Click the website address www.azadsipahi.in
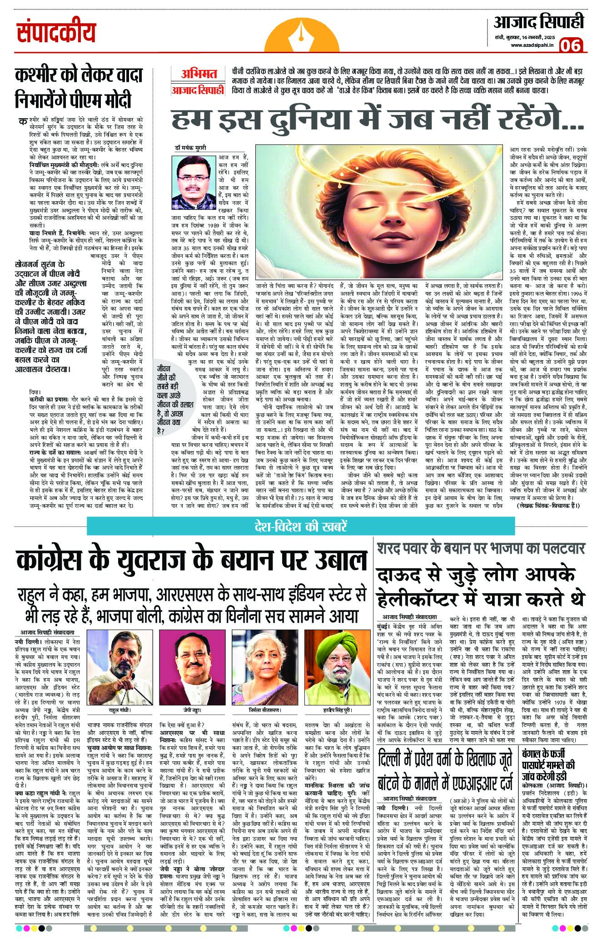pyautogui.click(x=530, y=45)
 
